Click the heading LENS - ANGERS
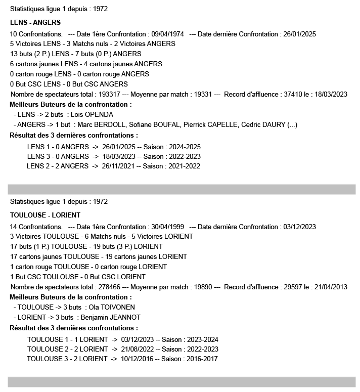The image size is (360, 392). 35,22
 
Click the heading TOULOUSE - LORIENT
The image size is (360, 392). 45,215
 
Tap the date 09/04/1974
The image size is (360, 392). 166,34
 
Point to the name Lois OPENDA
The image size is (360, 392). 92,114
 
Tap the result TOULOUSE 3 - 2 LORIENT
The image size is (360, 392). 67,359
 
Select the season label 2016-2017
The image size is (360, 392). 200,359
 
